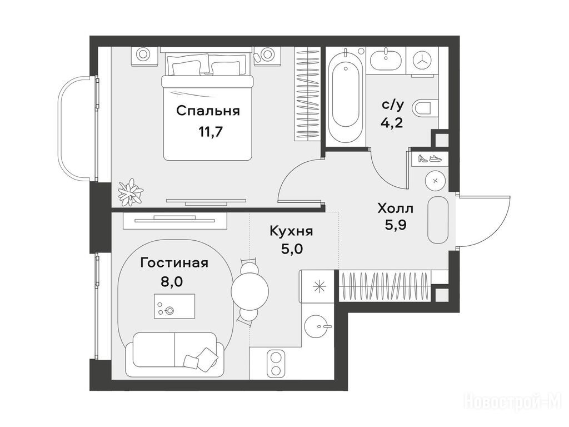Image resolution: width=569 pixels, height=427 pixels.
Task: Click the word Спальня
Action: coord(208,111)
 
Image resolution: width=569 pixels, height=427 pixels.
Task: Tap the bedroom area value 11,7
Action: coord(210,131)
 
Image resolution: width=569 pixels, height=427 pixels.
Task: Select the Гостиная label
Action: coord(174,262)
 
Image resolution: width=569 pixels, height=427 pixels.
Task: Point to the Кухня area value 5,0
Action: coord(292,249)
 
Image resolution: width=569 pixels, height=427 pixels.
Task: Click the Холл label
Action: coord(395,209)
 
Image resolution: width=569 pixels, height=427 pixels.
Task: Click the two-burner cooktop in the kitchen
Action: coord(276,364)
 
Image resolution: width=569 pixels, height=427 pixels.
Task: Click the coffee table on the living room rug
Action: coord(174,306)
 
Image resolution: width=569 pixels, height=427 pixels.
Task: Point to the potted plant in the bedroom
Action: coord(130,192)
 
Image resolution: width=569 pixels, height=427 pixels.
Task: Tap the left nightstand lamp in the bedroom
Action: coord(143,54)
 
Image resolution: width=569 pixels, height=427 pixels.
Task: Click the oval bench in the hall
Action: coord(438,220)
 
